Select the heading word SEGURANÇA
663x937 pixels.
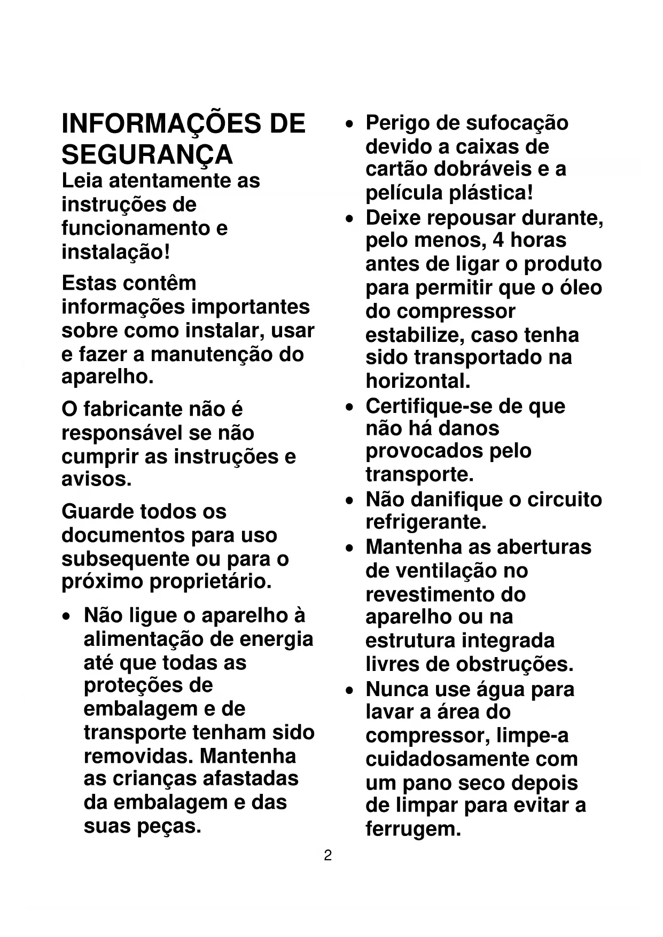coord(147,155)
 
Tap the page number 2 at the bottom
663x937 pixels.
coord(328,855)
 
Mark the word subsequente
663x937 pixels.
coord(124,559)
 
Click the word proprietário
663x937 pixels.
coord(210,582)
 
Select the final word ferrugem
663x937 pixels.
coord(413,829)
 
